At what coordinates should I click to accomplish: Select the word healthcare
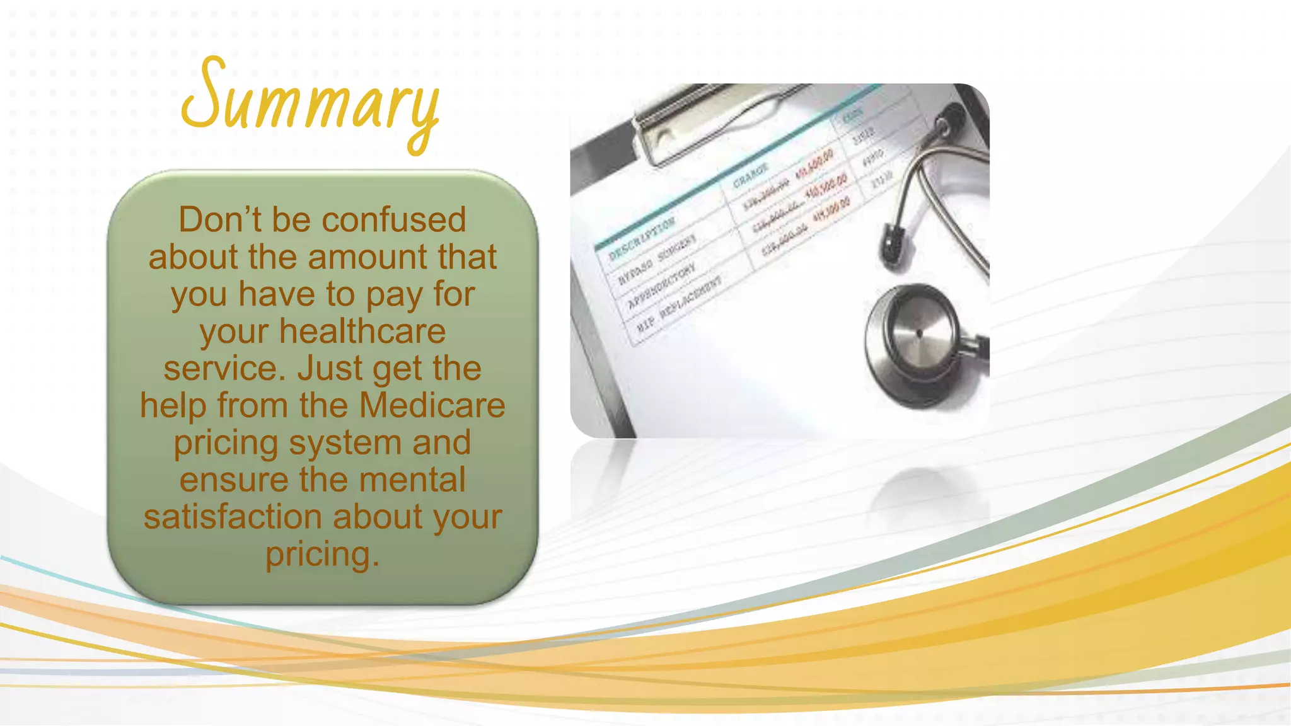pyautogui.click(x=362, y=331)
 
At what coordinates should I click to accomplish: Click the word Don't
pyautogui.click(x=219, y=220)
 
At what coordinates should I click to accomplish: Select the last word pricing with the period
pyautogui.click(x=322, y=555)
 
